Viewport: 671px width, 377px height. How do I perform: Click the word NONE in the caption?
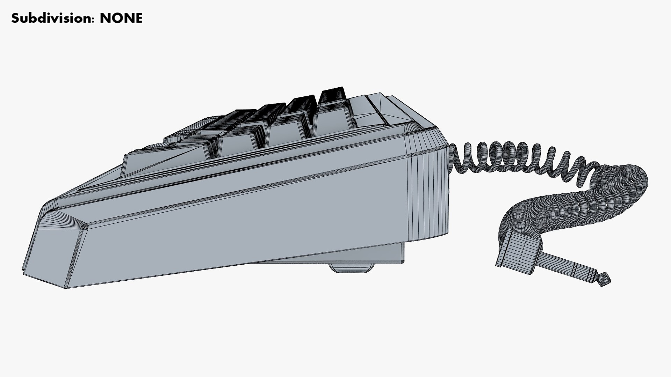click(121, 18)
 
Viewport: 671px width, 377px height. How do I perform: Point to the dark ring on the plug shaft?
click(594, 276)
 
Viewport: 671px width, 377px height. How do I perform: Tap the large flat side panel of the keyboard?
click(245, 223)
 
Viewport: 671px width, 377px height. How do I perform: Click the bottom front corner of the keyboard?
click(66, 287)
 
